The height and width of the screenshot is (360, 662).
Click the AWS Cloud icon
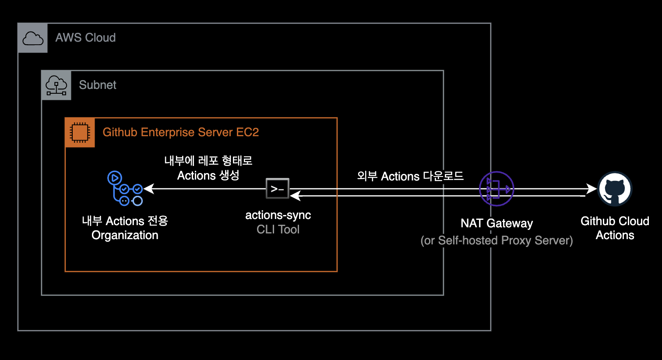33,38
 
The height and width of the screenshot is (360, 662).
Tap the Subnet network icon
56,85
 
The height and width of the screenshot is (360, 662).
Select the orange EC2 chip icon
80,132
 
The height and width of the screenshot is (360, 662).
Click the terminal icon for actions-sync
278,189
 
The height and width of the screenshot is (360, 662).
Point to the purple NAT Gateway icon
496,189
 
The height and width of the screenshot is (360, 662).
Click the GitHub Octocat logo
615,189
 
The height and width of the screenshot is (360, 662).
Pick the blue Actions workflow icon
125,189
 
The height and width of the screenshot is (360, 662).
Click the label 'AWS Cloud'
85,38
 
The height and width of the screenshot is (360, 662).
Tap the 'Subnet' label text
98,85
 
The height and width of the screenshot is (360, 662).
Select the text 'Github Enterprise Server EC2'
180,132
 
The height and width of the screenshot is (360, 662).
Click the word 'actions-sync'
278,215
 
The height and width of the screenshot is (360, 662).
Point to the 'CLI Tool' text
278,229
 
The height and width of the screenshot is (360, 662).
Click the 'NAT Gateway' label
496,223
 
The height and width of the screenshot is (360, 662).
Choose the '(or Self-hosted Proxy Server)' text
496,240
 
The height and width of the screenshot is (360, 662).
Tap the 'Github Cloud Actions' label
615,228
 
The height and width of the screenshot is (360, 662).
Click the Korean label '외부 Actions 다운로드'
410,176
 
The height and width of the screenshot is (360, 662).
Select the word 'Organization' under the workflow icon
125,235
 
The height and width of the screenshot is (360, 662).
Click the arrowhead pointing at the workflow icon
149,189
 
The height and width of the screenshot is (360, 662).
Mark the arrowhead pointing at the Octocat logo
592,189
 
